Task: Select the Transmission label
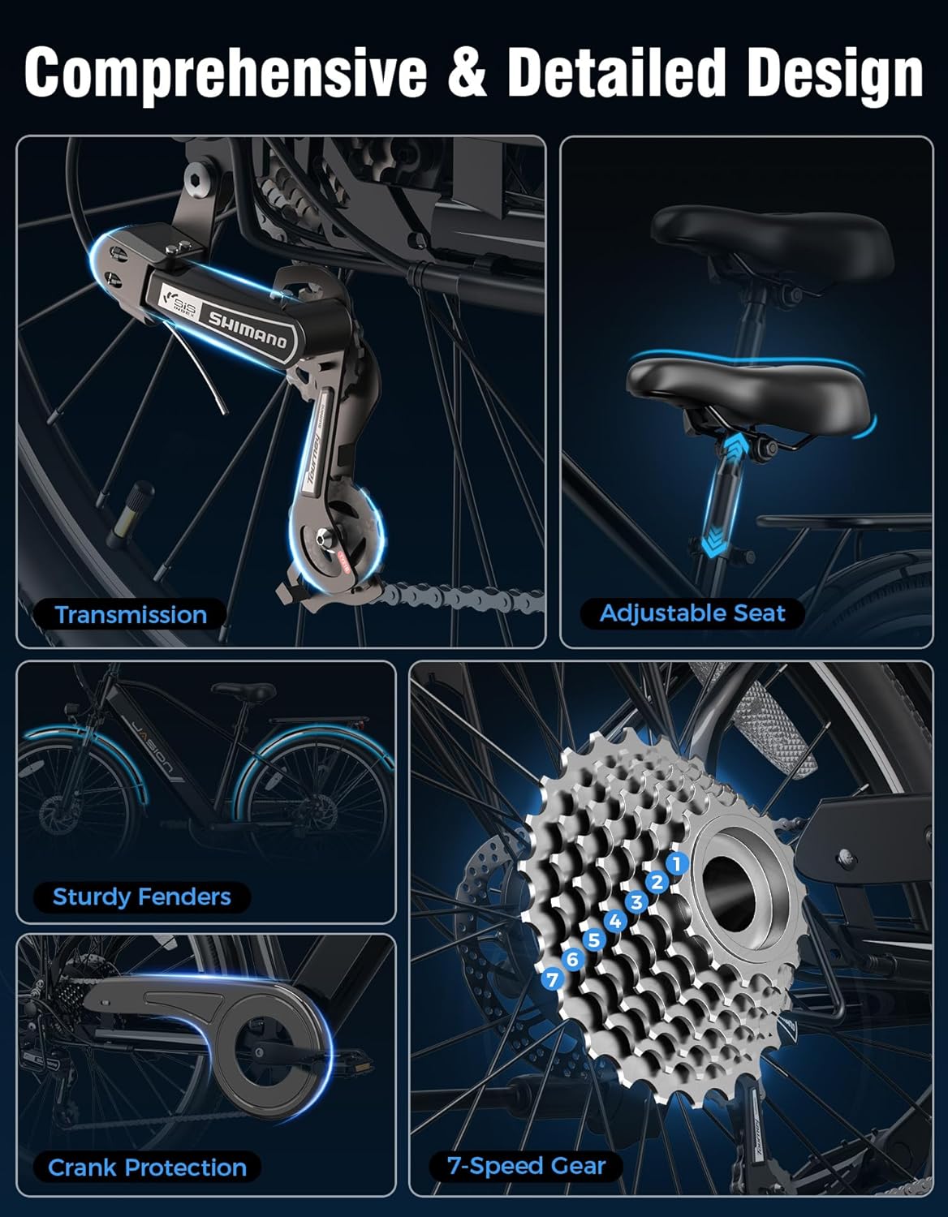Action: (131, 614)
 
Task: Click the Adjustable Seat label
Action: (692, 613)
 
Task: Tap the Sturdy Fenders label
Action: (141, 897)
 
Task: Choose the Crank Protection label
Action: (147, 1168)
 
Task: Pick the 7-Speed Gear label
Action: (526, 1166)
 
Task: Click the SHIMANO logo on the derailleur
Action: (248, 329)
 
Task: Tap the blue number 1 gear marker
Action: (677, 863)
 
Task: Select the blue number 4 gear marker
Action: (615, 921)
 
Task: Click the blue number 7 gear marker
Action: (553, 979)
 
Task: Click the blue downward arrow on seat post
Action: (712, 544)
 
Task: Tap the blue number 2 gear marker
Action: (657, 882)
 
